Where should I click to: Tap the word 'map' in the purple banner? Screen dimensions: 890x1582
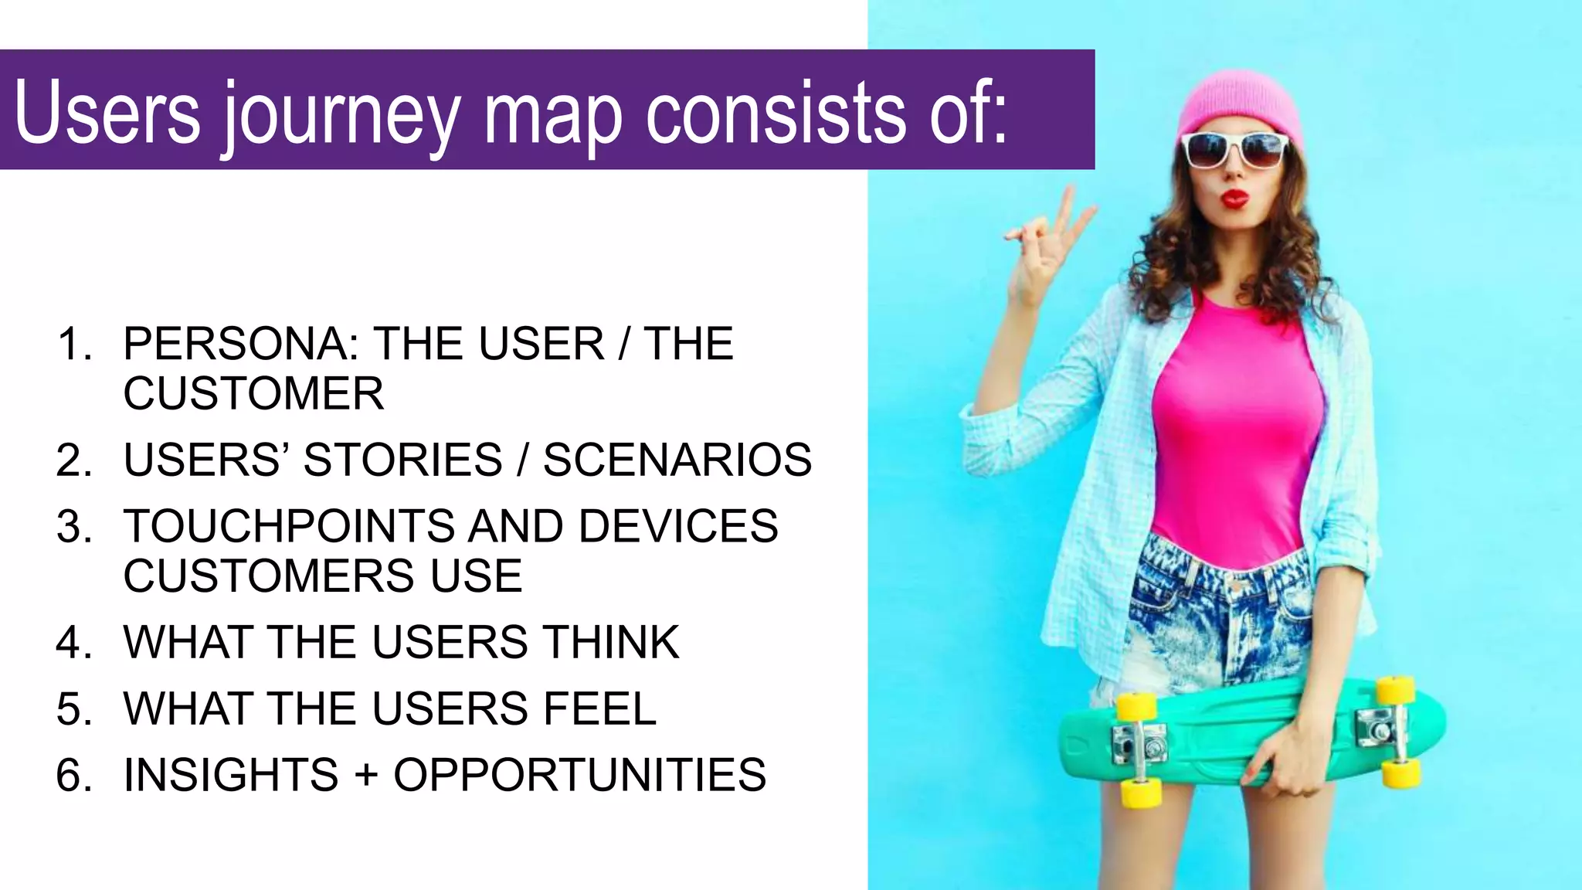pos(552,116)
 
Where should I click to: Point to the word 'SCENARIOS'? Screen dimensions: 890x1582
pos(677,460)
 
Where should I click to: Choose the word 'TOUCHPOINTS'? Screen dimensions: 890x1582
pos(289,527)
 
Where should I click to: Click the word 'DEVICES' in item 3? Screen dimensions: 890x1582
pos(678,527)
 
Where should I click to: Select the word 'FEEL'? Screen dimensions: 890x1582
pos(599,709)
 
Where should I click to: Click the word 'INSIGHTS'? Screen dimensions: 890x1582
pos(231,775)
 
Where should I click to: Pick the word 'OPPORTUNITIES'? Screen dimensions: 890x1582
pos(579,775)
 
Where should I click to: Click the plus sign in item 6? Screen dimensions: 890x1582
pos(366,775)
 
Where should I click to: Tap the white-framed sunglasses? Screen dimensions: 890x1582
pos(1234,149)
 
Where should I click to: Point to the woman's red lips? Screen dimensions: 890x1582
pos(1234,199)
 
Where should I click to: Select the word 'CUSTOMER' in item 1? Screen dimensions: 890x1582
pos(253,394)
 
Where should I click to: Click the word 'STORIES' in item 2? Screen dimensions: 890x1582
pos(402,460)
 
